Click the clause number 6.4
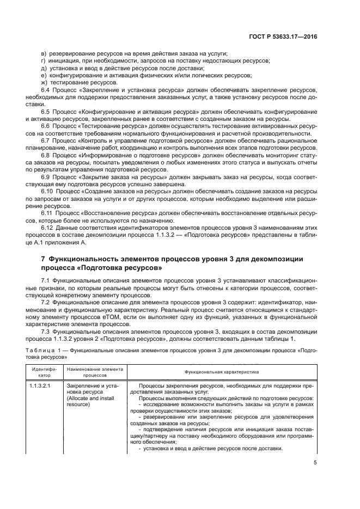tap(46, 89)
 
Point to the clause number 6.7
tap(46, 141)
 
